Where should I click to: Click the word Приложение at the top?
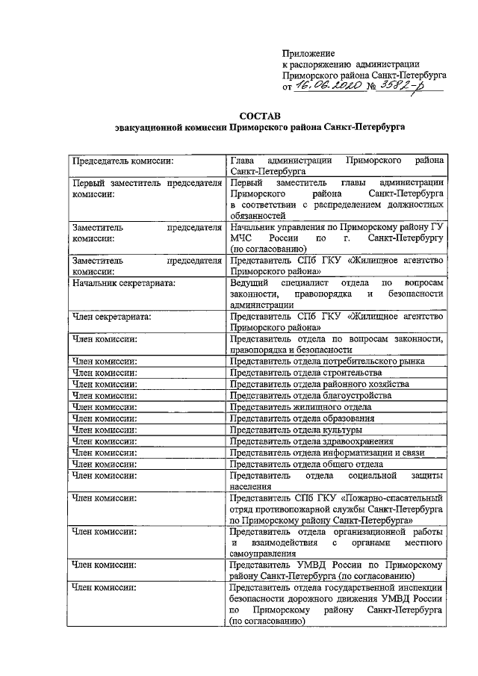click(308, 53)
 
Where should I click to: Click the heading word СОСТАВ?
click(259, 116)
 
